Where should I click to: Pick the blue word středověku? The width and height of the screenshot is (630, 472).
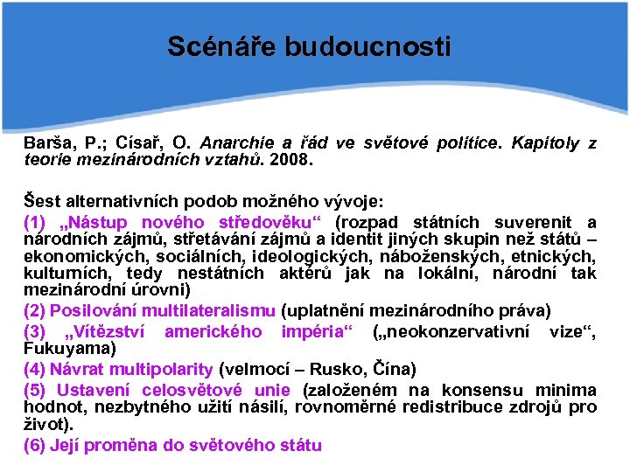pos(274,222)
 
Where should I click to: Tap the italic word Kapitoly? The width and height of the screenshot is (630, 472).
pos(547,142)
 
